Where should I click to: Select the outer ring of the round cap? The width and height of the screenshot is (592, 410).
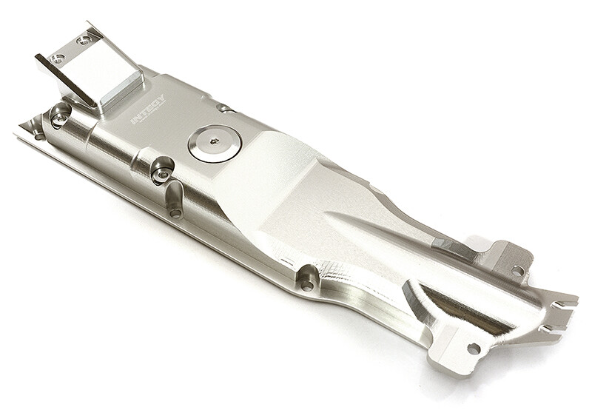point(201,152)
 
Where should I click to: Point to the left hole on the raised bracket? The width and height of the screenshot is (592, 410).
point(58,58)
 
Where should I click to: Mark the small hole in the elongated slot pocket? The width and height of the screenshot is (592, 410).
point(175,212)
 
